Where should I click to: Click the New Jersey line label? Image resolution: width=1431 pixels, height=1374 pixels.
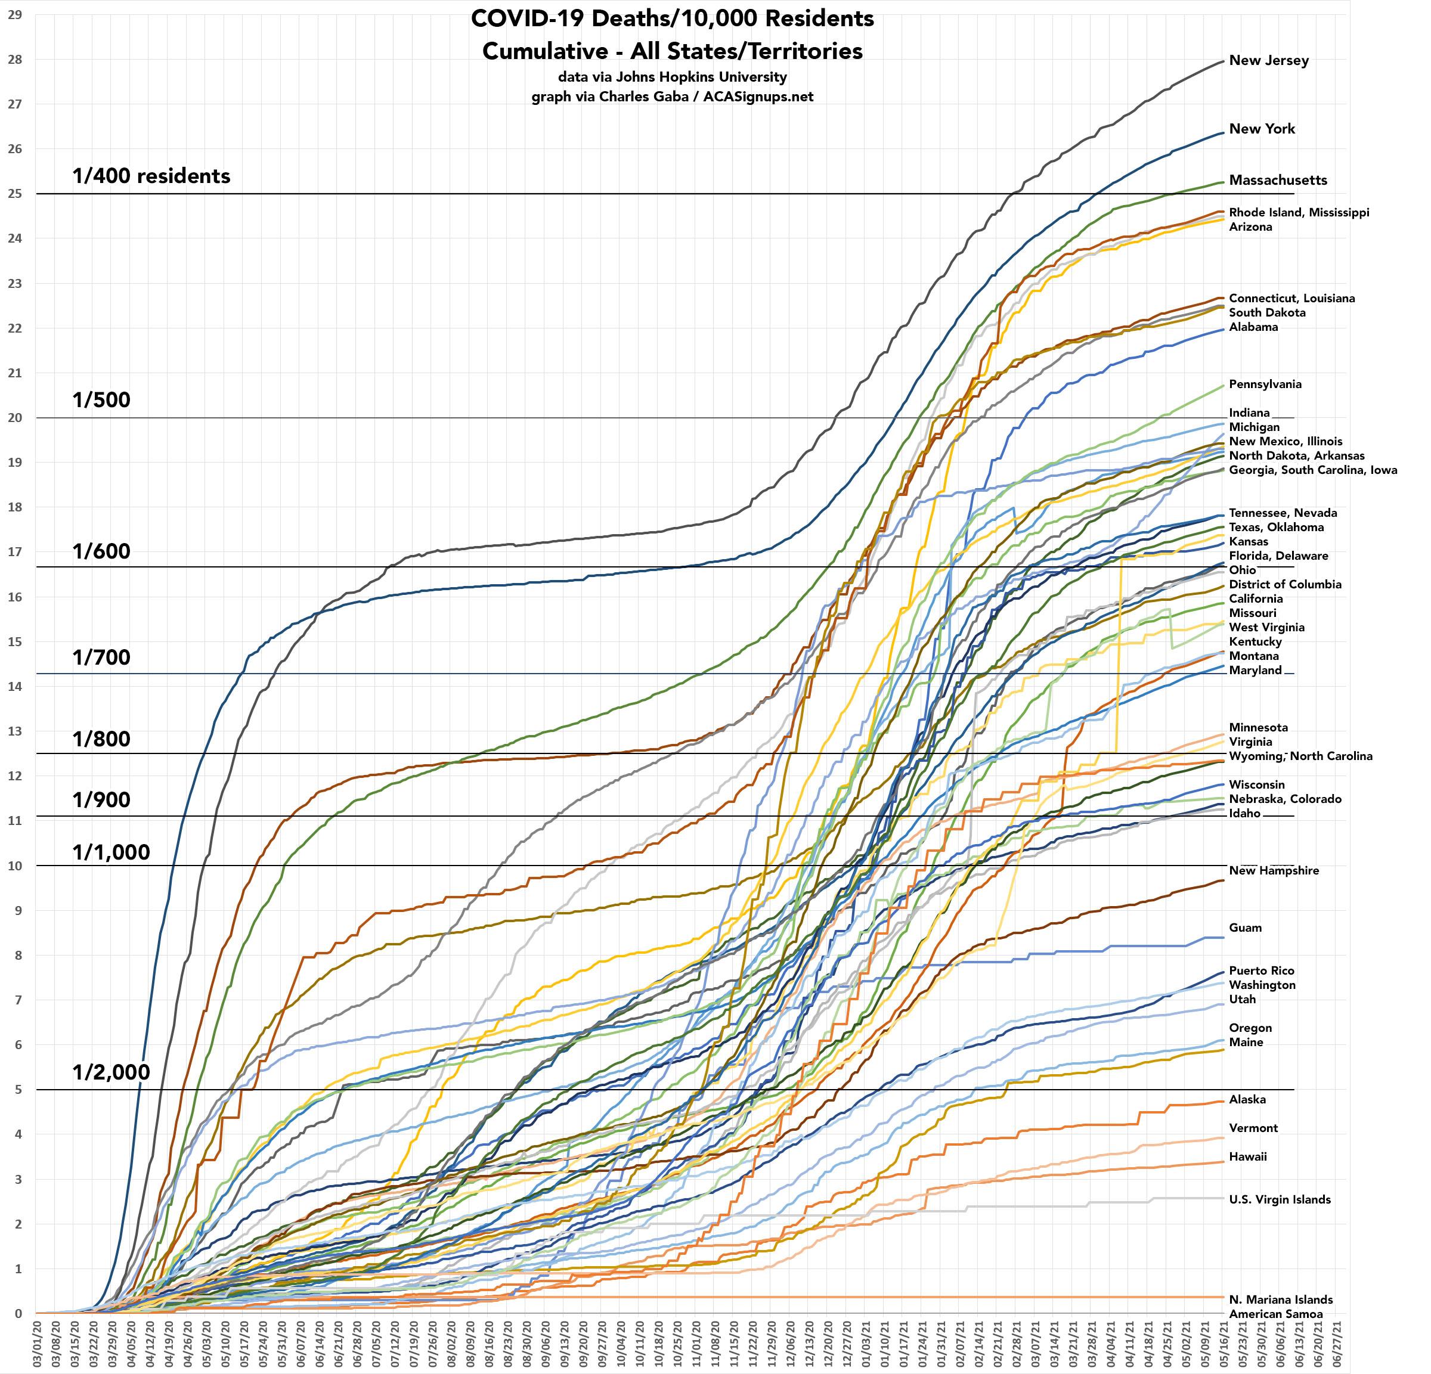(x=1268, y=61)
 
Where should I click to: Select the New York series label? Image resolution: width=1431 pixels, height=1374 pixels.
(x=1262, y=129)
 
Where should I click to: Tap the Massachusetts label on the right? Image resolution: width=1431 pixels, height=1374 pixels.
(x=1278, y=181)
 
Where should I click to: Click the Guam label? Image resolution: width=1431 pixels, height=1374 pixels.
(x=1245, y=928)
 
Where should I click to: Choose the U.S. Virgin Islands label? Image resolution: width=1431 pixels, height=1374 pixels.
(x=1279, y=1199)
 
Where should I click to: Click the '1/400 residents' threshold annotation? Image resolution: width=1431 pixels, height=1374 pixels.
(x=151, y=176)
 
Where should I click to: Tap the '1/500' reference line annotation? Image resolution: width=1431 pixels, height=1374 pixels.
(x=101, y=400)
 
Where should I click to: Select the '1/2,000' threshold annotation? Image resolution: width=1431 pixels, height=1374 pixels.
(x=111, y=1072)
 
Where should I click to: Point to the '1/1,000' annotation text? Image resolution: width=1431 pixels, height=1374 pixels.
(x=111, y=852)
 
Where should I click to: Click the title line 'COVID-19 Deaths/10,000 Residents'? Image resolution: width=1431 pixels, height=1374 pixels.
(x=672, y=19)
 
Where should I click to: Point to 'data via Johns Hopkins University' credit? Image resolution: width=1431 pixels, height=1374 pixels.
(x=672, y=77)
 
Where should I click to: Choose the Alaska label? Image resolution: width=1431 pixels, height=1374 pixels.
(x=1247, y=1099)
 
